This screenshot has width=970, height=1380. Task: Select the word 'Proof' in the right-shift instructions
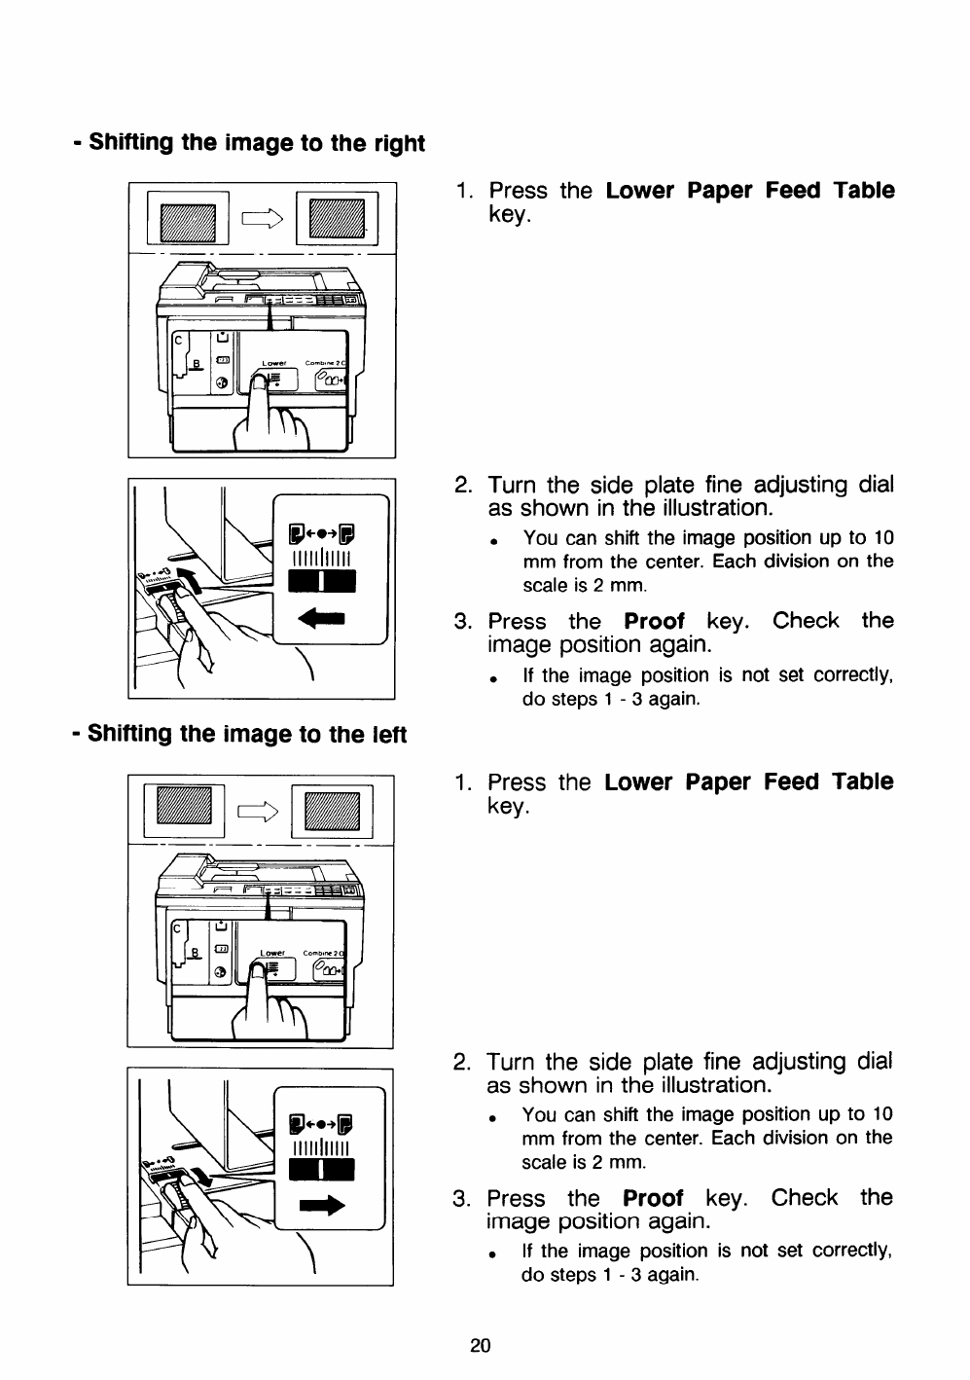pyautogui.click(x=654, y=621)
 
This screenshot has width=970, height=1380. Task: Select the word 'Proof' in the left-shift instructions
pyautogui.click(x=653, y=1198)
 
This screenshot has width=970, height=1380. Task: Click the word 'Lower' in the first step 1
pyautogui.click(x=642, y=191)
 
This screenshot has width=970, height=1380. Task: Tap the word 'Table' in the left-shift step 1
pyautogui.click(x=863, y=782)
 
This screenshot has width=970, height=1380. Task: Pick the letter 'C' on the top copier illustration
pyautogui.click(x=178, y=341)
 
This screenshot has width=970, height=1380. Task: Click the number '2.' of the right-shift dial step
pyautogui.click(x=464, y=485)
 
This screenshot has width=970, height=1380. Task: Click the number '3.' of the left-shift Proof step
pyautogui.click(x=462, y=1198)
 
